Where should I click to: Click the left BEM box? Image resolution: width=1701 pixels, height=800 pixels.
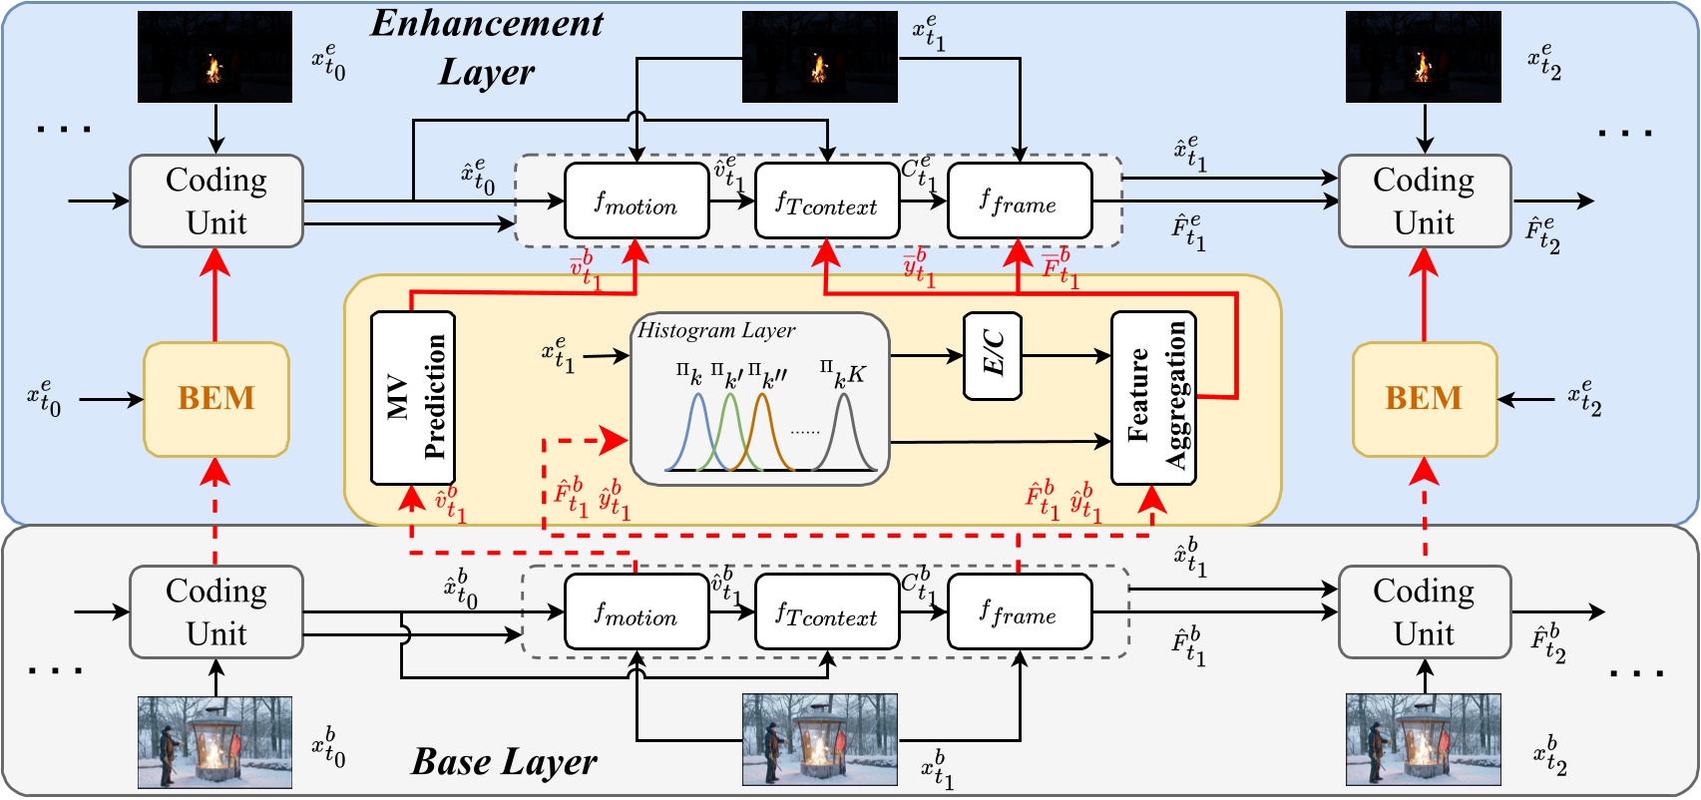coord(216,399)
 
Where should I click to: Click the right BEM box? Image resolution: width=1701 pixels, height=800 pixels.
coord(1424,399)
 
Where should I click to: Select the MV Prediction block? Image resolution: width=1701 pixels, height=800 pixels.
coord(413,398)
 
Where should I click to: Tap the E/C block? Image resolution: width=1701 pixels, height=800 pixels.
coord(993,355)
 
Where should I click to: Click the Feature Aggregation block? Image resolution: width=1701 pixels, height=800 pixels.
coord(1153,398)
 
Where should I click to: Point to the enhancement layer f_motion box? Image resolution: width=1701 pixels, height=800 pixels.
coord(637,201)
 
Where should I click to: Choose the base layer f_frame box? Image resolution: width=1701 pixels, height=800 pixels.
coord(1020,612)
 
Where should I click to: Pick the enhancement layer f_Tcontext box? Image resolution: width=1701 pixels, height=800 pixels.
coord(827,201)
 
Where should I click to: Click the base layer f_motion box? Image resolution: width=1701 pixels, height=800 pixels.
coord(637,612)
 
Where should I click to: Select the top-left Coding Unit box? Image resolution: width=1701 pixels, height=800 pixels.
coord(216,201)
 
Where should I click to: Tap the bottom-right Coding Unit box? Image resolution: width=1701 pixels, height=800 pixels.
coord(1424,612)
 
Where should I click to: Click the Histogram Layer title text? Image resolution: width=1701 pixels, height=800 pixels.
coord(716,330)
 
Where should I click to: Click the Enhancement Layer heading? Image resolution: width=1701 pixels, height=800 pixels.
coord(487,48)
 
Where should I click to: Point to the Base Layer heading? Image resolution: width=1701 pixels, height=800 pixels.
coord(504,762)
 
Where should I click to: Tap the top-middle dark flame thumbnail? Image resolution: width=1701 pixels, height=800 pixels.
coord(819,57)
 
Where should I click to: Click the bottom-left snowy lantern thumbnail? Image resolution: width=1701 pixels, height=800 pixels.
coord(214,742)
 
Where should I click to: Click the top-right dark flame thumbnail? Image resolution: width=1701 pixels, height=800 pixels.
coord(1423,57)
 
